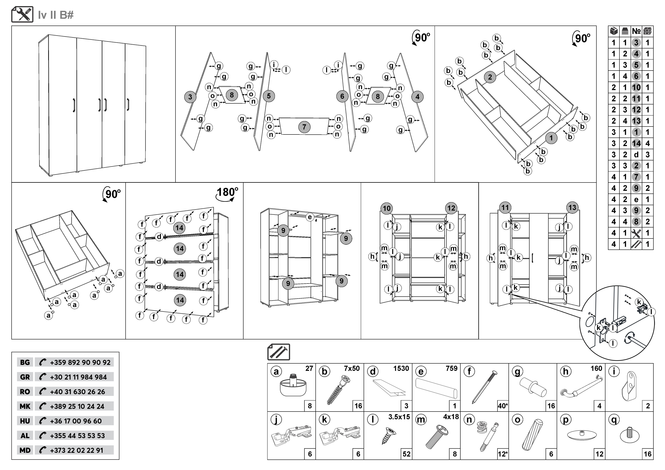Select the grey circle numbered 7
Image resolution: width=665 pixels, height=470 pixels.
tap(304, 127)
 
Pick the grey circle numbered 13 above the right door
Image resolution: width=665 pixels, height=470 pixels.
tap(572, 207)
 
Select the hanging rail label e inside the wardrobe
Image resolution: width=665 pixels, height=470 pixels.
tap(310, 217)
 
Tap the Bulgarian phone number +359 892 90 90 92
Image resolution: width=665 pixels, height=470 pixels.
tap(80, 362)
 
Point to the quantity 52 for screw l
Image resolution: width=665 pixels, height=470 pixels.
tap(406, 454)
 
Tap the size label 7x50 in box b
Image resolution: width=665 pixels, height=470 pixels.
tap(352, 368)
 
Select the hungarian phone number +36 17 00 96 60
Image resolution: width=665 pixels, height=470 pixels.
tap(76, 421)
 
